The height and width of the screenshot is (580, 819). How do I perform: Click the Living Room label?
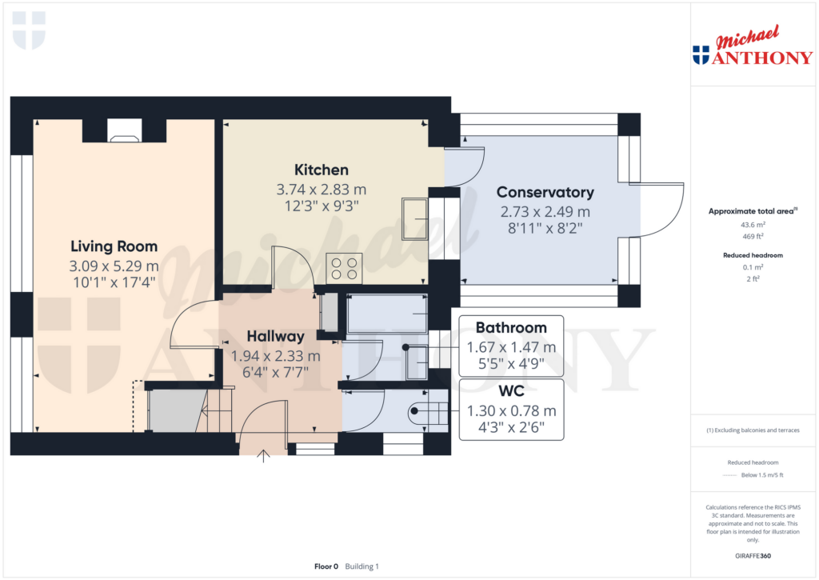[x=114, y=246]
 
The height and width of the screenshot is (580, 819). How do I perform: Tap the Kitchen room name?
[x=322, y=170]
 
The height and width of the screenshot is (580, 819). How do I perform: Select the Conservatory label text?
[x=545, y=192]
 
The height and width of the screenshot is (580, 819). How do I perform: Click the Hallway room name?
[x=275, y=336]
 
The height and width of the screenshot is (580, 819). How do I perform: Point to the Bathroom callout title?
[x=511, y=328]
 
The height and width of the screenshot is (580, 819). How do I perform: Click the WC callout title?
[x=511, y=391]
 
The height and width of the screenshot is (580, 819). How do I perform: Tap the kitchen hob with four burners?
[x=344, y=269]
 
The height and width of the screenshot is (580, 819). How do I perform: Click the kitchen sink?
[x=415, y=219]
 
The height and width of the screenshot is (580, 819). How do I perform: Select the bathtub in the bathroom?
[x=387, y=314]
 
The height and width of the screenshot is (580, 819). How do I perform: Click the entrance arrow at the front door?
[x=263, y=456]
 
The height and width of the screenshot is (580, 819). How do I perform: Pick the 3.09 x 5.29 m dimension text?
[x=114, y=266]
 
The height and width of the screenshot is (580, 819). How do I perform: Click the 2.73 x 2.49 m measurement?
[x=545, y=212]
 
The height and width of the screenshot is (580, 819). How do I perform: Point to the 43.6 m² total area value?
[x=753, y=225]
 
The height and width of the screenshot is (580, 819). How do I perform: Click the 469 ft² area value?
[x=753, y=236]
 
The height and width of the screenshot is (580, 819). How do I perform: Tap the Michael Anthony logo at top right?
[x=753, y=46]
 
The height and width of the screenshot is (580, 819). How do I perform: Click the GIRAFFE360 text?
[x=753, y=556]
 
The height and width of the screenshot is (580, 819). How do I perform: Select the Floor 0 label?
[x=326, y=566]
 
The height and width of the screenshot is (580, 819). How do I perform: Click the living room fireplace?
[x=124, y=130]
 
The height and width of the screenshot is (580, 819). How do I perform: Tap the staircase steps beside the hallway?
[x=215, y=410]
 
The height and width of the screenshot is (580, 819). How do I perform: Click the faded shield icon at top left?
[x=30, y=30]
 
